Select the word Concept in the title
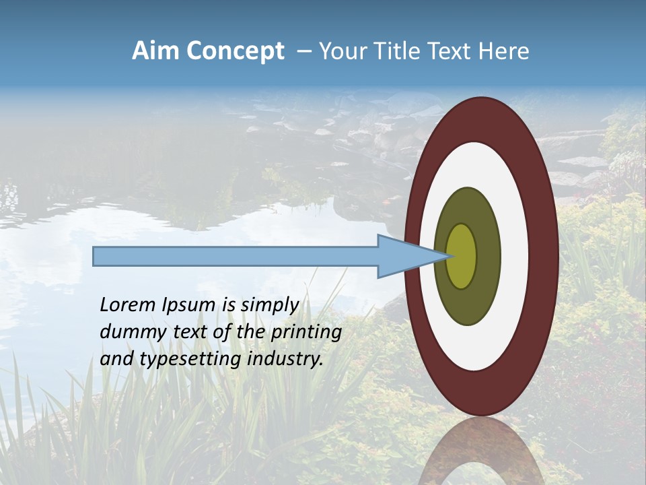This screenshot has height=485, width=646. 235,51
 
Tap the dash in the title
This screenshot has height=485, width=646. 303,52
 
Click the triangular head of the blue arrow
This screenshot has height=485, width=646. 410,256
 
